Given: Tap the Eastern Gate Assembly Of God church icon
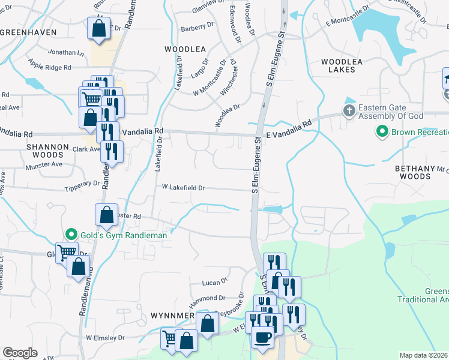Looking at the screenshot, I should pos(349,110).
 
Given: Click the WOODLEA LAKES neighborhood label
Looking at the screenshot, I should pos(346,65).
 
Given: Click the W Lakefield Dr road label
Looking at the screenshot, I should pos(183,188).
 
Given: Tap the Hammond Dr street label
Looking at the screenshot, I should pos(208,298).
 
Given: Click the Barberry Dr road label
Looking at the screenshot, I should pos(197,27).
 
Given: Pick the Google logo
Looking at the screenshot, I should pos(20,353).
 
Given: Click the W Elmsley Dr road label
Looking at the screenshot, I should pos(108,338).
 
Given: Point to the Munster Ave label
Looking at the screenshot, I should pos(48,164).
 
